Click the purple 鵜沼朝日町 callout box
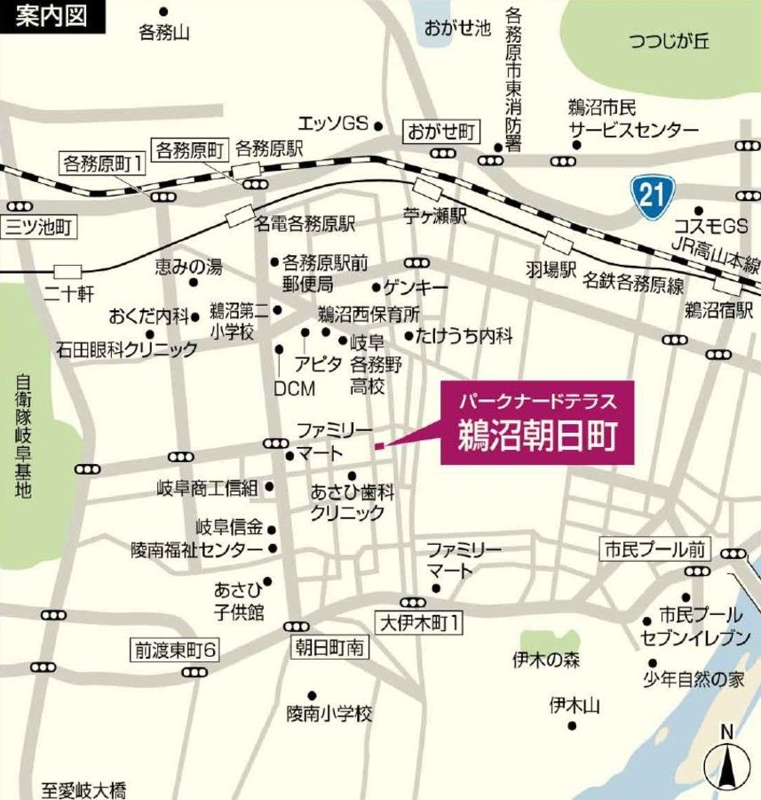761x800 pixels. [538, 423]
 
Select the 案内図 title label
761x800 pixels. [52, 17]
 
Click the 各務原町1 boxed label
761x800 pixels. [103, 164]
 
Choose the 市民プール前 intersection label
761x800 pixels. [654, 549]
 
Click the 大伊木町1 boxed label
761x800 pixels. [419, 623]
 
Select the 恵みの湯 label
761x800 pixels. [189, 266]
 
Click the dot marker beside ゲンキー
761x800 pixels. [377, 288]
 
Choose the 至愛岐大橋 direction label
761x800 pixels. [84, 789]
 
